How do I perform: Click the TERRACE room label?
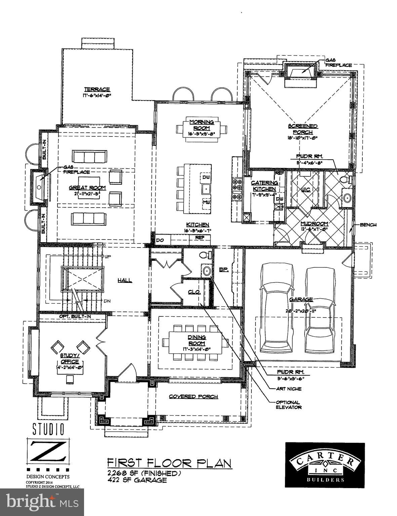(97, 89)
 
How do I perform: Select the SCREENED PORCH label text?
(303, 129)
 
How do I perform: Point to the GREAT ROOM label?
(87, 188)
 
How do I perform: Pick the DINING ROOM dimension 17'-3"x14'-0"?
(197, 349)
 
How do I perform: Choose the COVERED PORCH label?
(193, 396)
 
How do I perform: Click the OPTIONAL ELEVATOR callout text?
(288, 404)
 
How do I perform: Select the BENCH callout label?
(368, 225)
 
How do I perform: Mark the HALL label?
(125, 280)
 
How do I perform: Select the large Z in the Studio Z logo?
(48, 451)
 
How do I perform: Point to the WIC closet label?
(306, 189)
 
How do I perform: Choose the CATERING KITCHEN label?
(265, 186)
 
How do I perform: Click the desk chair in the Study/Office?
(70, 379)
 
